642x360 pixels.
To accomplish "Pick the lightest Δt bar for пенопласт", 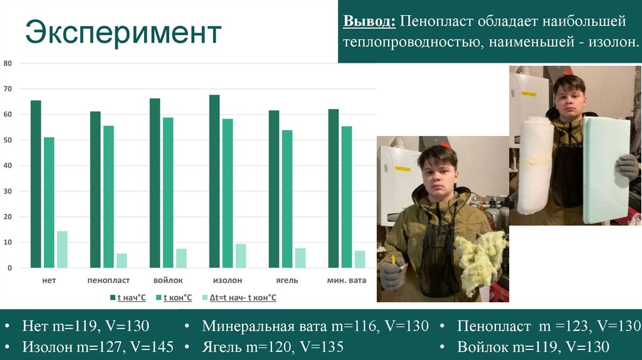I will [x=122, y=260].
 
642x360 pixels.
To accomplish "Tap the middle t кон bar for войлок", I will [x=168, y=193].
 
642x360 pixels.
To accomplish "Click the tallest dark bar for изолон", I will [x=214, y=181].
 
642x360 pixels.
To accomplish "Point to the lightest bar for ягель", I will [x=300, y=258].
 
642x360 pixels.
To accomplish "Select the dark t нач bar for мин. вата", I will [x=334, y=188].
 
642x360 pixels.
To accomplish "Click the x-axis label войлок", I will [x=168, y=280].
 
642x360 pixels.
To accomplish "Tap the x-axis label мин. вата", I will [x=347, y=280].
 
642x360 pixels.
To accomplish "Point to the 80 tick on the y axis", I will [x=8, y=63].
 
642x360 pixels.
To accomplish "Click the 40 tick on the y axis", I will [x=8, y=166].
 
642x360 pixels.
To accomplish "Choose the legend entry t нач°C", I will [x=128, y=297].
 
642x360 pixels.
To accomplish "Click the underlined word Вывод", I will [x=369, y=22].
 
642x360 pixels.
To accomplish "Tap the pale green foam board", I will [x=605, y=169].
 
